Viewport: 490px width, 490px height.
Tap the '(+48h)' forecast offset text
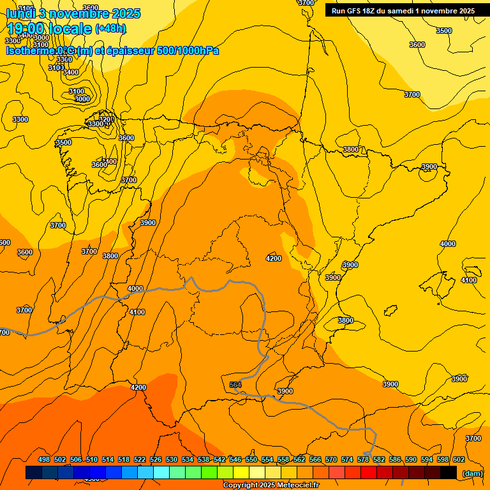(x=111, y=29)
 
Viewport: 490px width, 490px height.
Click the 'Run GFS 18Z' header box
(x=402, y=10)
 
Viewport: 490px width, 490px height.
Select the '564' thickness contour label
(x=235, y=385)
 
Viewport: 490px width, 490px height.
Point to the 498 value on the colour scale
(x=44, y=459)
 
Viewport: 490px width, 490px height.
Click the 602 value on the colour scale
(x=459, y=459)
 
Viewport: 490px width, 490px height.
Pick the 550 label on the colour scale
(x=251, y=459)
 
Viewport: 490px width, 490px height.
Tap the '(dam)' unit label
(x=472, y=473)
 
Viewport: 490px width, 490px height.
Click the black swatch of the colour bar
(x=449, y=473)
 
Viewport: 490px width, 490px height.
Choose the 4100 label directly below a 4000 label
(x=137, y=312)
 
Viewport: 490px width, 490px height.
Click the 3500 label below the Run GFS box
(x=443, y=31)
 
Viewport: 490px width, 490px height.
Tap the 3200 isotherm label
(x=106, y=119)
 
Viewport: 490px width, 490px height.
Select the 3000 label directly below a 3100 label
(x=82, y=99)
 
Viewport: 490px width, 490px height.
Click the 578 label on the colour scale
(x=363, y=459)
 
